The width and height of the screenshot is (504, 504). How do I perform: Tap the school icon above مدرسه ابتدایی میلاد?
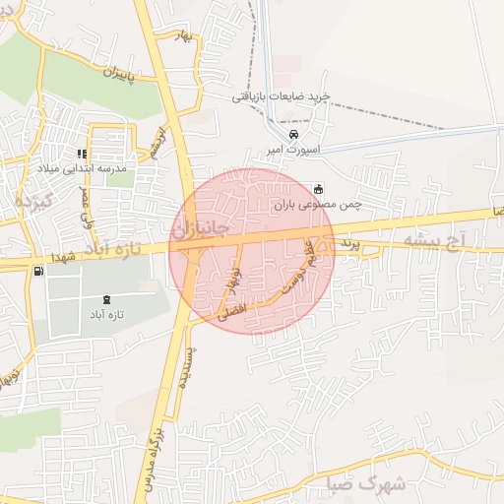(x=83, y=154)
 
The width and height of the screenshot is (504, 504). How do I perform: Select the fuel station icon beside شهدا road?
(x=37, y=271)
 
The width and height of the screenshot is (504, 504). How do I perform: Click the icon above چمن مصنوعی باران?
(x=317, y=189)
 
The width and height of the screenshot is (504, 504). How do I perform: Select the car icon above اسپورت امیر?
(x=293, y=135)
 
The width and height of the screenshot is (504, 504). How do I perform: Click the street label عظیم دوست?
(x=298, y=268)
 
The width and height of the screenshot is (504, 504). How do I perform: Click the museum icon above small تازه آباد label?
(x=105, y=299)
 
